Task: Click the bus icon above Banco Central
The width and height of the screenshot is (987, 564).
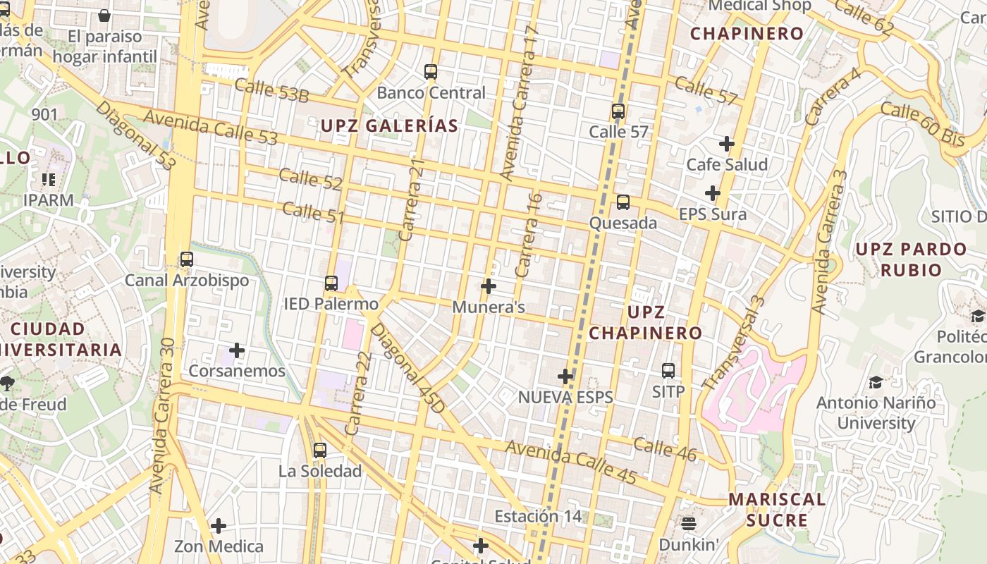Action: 431,72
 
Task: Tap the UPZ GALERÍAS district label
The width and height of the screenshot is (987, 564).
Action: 389,126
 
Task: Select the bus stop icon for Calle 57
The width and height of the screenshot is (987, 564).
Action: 618,111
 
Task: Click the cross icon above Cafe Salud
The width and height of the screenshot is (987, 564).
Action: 727,144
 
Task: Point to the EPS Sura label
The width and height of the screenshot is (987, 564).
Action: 712,214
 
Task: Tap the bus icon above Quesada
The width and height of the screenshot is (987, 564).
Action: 623,203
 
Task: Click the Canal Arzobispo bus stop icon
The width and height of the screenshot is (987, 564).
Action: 187,259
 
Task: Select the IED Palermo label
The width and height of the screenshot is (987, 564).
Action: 331,305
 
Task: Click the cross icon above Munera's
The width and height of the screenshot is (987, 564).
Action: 488,286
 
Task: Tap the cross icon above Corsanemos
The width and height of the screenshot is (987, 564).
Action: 237,350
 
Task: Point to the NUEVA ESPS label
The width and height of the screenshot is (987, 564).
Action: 565,398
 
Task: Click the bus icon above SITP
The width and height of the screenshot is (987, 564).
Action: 668,370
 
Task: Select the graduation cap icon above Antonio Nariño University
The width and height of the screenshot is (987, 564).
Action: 876,382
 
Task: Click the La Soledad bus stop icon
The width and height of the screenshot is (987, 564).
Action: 320,450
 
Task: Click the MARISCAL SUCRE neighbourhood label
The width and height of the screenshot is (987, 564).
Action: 777,510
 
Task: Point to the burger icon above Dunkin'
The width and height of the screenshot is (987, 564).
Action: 689,523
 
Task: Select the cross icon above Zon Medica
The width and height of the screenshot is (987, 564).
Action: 219,526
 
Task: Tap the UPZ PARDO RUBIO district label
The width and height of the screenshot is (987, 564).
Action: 911,259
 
